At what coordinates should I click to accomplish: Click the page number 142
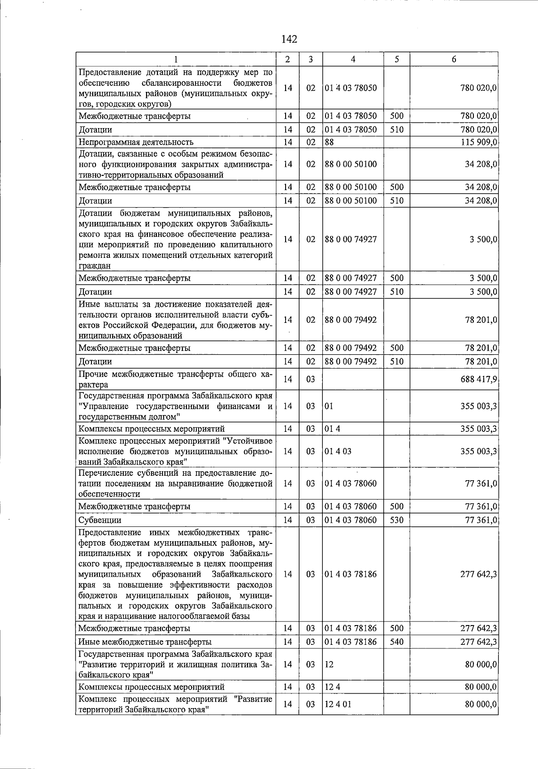tap(289, 39)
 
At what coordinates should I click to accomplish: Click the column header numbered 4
tap(353, 59)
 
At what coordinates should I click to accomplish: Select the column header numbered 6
tap(454, 59)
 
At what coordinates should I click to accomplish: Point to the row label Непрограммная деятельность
tap(136, 142)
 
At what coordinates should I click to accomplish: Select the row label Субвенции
tap(100, 520)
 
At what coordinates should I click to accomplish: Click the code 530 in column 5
tap(397, 520)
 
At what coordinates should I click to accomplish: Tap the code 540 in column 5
tap(397, 642)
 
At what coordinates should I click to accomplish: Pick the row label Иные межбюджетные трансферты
tap(145, 642)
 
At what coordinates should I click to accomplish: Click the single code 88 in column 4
tap(330, 142)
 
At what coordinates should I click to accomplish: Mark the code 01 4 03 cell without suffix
tap(338, 451)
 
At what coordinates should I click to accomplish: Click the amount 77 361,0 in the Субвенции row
tap(481, 520)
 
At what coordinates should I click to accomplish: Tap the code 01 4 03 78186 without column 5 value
tap(351, 574)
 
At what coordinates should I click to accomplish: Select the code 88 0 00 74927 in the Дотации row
tap(351, 292)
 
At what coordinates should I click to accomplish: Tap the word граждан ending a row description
tap(95, 266)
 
